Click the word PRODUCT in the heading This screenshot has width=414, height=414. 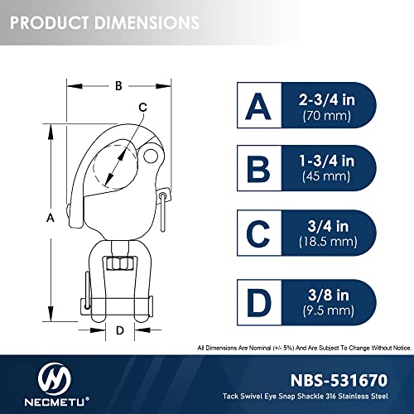[50, 22]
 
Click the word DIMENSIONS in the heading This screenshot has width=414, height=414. [147, 22]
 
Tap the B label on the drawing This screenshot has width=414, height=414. [118, 86]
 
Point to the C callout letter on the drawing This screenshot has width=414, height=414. [142, 107]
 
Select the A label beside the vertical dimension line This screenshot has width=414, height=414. [51, 218]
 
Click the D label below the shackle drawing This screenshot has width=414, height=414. [120, 330]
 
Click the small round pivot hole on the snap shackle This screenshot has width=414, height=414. [151, 156]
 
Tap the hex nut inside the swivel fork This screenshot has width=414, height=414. [120, 263]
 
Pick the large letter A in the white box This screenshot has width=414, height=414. [258, 106]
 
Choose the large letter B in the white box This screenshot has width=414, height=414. [258, 169]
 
